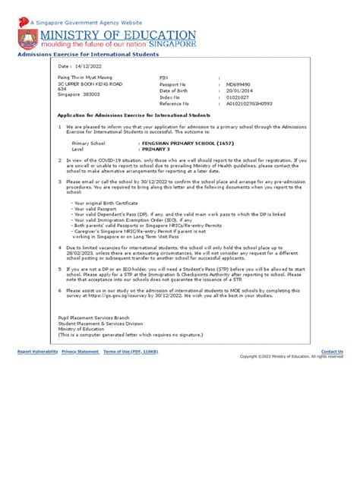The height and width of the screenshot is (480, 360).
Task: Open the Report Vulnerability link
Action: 37,352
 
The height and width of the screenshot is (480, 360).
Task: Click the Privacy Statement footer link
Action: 80,352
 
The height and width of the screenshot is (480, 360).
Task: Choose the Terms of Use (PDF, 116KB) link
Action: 131,352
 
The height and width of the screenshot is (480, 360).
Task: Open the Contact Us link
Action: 332,352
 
